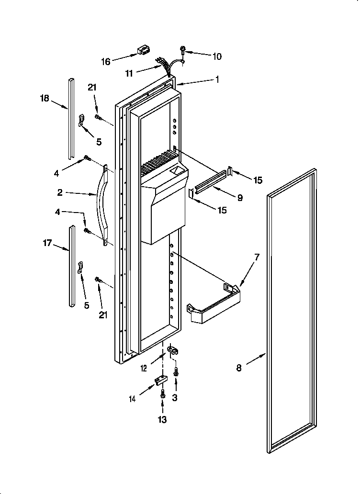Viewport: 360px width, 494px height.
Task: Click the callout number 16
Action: click(x=105, y=61)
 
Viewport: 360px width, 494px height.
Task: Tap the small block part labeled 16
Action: click(x=143, y=50)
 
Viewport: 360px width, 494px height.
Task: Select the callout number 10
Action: click(x=216, y=56)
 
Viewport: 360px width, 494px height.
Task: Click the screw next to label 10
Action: click(x=183, y=49)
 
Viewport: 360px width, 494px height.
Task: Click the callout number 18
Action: click(x=44, y=98)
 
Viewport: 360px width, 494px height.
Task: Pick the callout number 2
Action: click(x=60, y=193)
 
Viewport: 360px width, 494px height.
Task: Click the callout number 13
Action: click(x=163, y=420)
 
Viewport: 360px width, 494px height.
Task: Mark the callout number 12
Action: click(x=144, y=368)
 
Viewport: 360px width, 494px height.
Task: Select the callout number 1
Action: click(x=217, y=80)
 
